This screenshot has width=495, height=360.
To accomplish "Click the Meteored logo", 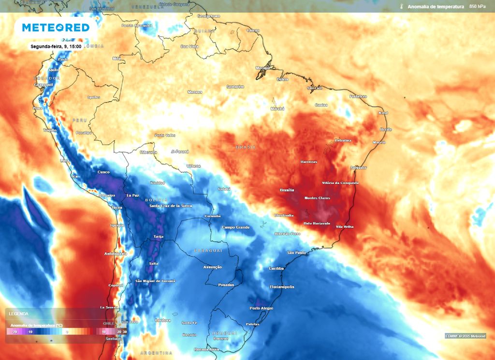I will pyautogui.click(x=56, y=28).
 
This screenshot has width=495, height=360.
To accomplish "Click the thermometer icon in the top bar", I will pyautogui.click(x=401, y=7).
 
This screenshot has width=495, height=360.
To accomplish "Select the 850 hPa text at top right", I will pyautogui.click(x=478, y=7).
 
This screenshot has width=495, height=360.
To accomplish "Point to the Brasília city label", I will pyautogui.click(x=287, y=190).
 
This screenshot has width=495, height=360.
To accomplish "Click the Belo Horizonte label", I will pyautogui.click(x=317, y=223).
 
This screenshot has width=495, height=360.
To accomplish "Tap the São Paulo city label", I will pyautogui.click(x=297, y=253).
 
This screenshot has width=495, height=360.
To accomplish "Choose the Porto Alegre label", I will pyautogui.click(x=261, y=308).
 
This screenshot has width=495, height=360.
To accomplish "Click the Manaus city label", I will pyautogui.click(x=195, y=91).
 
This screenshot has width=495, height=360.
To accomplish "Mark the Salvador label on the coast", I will pyautogui.click(x=358, y=167).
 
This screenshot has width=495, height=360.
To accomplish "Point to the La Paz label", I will pyautogui.click(x=132, y=195).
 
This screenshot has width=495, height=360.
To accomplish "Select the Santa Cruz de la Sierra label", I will pyautogui.click(x=170, y=206).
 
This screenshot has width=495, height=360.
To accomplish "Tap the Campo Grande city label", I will pyautogui.click(x=235, y=227).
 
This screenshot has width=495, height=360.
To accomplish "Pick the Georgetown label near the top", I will pyautogui.click(x=208, y=16).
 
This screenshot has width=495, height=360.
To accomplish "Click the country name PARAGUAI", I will pyautogui.click(x=208, y=250).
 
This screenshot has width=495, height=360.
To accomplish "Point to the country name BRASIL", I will pyautogui.click(x=246, y=147).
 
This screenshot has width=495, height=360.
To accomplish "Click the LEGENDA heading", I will pyautogui.click(x=18, y=314).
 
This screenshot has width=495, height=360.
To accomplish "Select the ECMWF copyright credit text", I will pyautogui.click(x=465, y=336).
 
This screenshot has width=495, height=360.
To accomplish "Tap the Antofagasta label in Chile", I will pyautogui.click(x=116, y=253).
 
